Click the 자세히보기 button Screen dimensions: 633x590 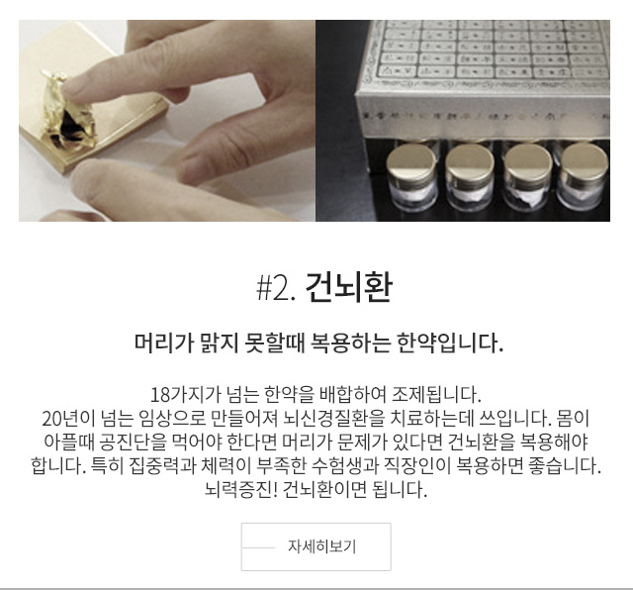316,546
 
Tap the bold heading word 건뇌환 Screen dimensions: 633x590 349,287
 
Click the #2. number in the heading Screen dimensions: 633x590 277,288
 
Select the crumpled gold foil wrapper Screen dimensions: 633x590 68,112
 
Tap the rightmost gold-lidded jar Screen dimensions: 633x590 584,176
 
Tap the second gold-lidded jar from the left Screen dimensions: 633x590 470,176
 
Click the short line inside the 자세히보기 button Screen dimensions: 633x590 258,548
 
